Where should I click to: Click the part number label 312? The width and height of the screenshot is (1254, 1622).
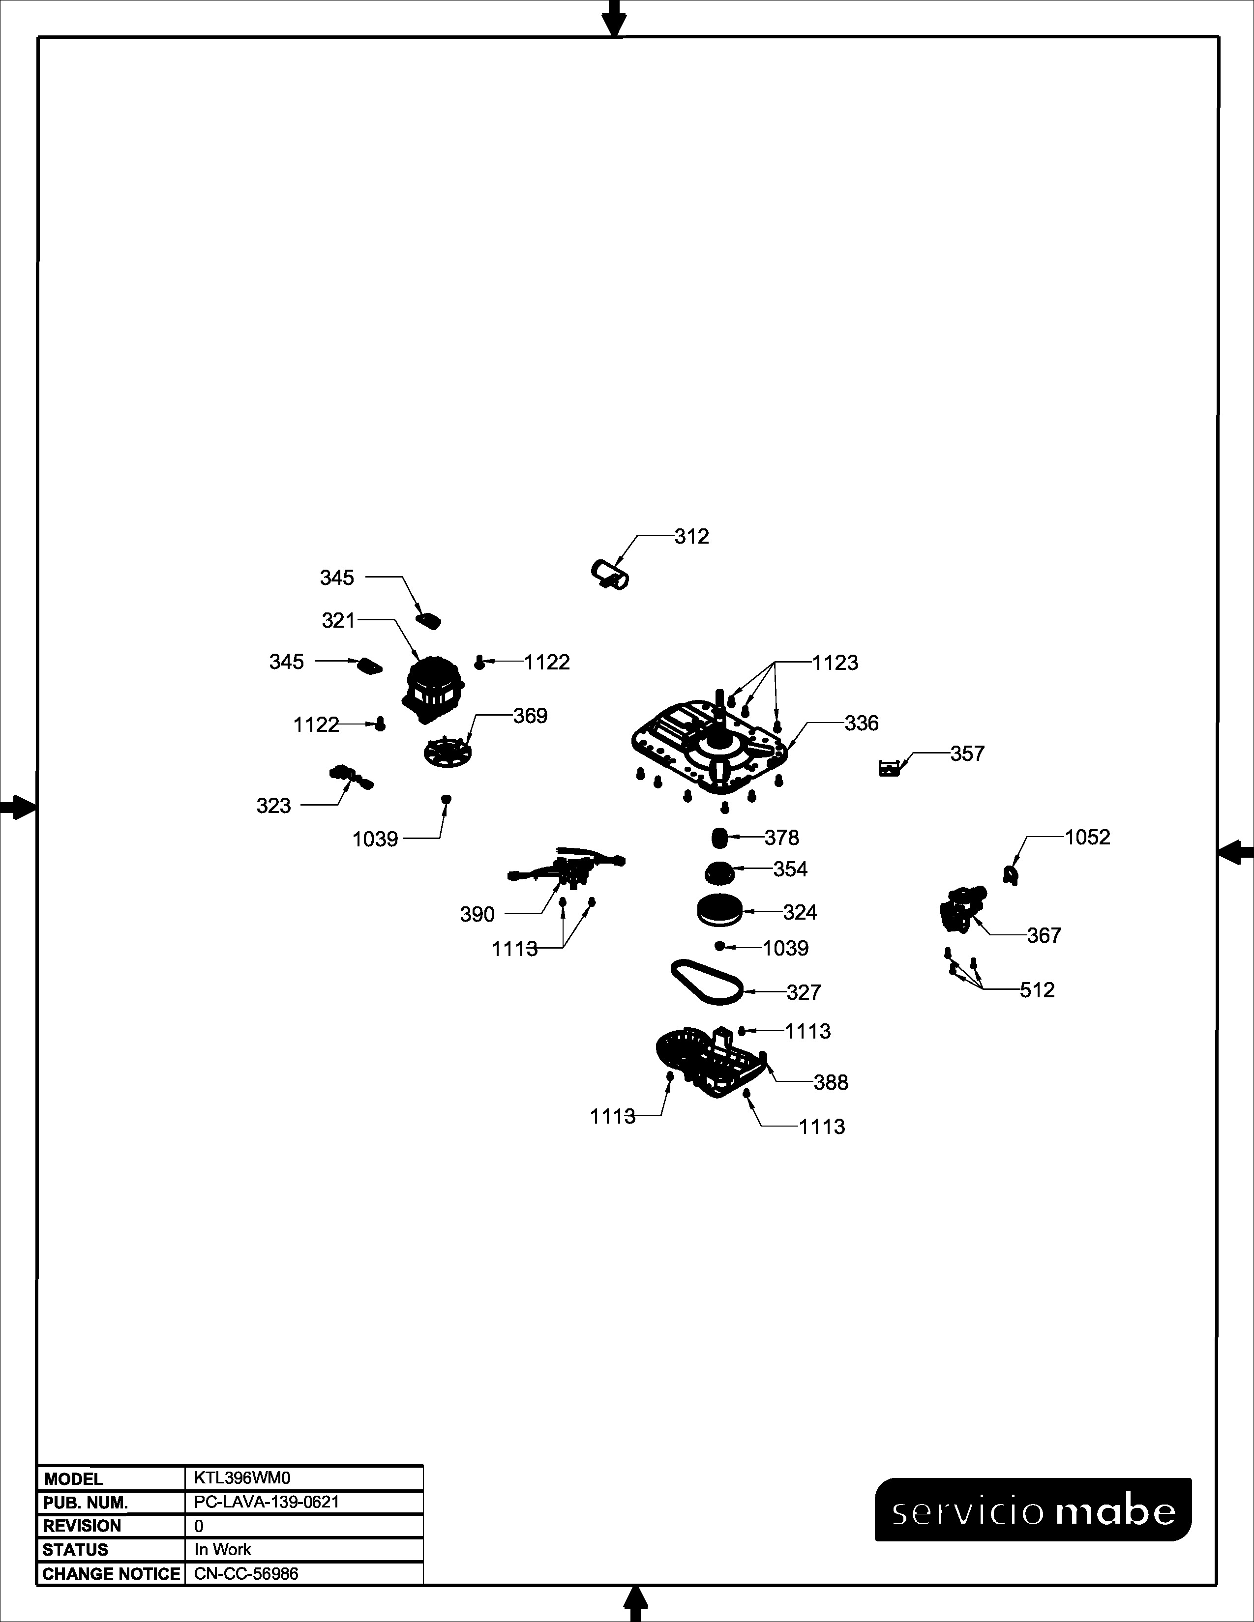click(691, 536)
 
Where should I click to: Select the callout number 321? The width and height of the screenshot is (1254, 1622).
click(339, 620)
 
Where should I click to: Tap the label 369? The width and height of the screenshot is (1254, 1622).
click(531, 716)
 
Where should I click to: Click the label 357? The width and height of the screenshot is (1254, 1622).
click(967, 754)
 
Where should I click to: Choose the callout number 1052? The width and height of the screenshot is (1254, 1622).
click(1088, 837)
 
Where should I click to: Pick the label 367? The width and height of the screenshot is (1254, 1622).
click(1045, 936)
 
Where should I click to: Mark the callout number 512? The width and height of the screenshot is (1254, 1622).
click(1037, 990)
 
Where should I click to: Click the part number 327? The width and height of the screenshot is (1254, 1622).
click(804, 992)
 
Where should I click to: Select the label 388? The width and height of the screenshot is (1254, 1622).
click(831, 1083)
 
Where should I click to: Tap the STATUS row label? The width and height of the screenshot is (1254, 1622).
click(75, 1550)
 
